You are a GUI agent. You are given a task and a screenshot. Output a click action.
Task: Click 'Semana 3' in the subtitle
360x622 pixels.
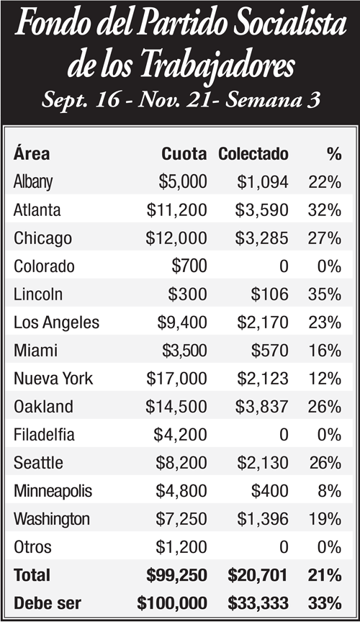point(273,100)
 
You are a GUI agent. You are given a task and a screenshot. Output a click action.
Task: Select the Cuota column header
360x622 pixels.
point(184,154)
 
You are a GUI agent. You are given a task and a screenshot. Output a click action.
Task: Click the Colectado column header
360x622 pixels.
point(253,154)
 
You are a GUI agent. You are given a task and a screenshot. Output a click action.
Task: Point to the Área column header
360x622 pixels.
point(32,153)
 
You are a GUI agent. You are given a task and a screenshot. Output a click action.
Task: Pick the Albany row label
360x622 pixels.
point(33,182)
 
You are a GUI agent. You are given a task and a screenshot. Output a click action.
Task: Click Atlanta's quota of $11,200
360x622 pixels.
point(176,210)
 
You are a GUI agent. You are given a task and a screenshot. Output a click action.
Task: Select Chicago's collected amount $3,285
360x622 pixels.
point(261,238)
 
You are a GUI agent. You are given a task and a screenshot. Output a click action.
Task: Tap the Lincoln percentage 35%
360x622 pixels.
point(324,294)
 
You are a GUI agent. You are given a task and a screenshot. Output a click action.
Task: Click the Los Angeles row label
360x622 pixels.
point(56,323)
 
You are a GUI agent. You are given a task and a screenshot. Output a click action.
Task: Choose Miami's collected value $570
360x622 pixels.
point(269,351)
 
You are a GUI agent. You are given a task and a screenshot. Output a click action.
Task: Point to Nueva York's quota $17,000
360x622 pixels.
point(176,379)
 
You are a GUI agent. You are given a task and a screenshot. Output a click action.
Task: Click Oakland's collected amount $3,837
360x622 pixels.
point(261,407)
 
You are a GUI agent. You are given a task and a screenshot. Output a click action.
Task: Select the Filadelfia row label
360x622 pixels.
point(44,435)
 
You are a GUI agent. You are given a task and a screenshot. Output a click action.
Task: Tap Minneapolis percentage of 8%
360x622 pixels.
point(330,492)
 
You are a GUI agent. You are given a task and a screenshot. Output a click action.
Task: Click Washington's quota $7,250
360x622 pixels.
point(181,520)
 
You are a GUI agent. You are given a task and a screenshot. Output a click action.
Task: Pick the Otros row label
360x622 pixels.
point(32,547)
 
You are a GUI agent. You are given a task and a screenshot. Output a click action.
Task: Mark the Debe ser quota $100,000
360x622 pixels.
point(172,604)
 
